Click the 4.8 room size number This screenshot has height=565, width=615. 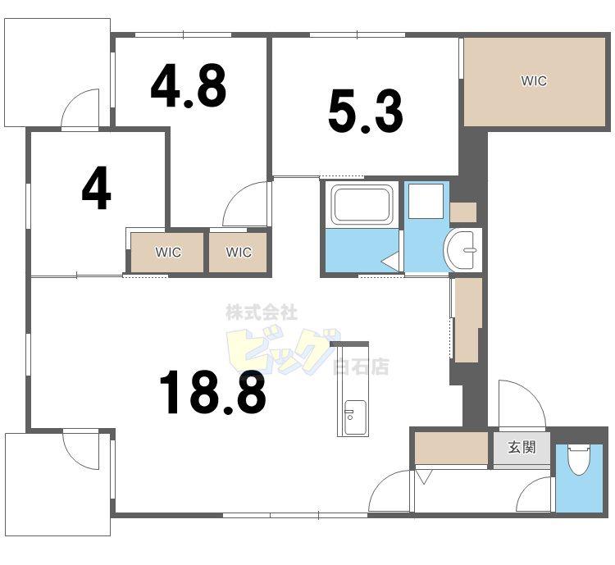coord(189,87)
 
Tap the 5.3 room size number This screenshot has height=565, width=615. coord(366,112)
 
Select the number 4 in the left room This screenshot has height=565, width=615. coord(97,188)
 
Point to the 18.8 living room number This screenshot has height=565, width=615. coord(213,393)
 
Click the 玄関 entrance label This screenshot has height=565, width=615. coord(522,447)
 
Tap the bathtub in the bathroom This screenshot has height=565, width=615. coord(362,204)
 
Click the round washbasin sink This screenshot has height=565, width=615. coord(460,249)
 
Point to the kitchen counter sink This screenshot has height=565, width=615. coord(354,417)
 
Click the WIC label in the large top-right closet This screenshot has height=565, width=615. coord(534,81)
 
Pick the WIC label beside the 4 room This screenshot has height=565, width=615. coord(168,252)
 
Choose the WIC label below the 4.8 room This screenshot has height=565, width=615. coord(239,252)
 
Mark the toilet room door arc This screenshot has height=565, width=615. coord(526,489)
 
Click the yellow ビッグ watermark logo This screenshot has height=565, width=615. coord(281,350)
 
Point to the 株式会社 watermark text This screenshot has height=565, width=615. coord(262,312)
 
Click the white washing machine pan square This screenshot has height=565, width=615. coord(426,201)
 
